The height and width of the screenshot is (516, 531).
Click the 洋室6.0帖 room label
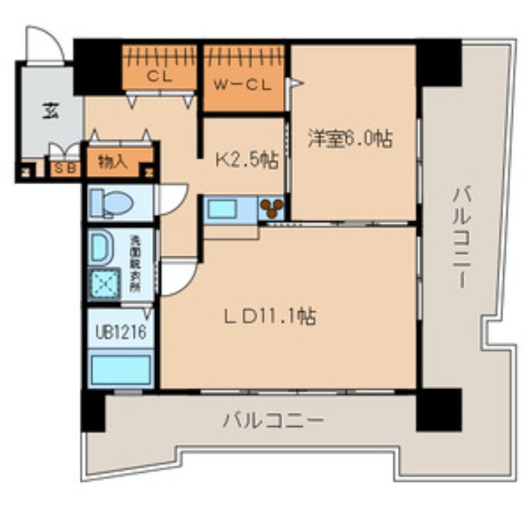click(350, 139)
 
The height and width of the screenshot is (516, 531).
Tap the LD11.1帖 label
click(270, 317)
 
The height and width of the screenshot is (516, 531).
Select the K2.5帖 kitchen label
click(246, 160)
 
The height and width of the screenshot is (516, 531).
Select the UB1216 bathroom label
click(121, 332)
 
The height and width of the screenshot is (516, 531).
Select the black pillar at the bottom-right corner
click(439, 409)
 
